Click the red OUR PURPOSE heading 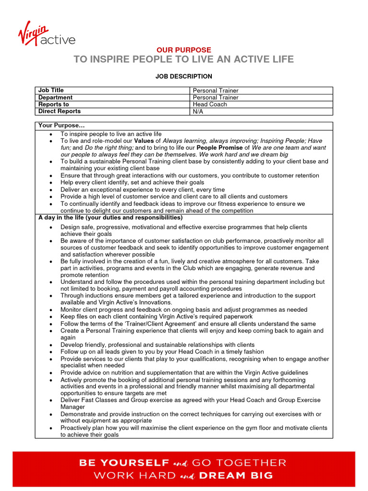pos(184,50)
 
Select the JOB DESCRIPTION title pos(184,76)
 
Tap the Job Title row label pos(51,90)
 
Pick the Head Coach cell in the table pos(210,104)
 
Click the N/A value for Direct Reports pos(198,111)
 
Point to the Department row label pos(55,97)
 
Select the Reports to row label pos(53,104)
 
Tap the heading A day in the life pos(110,217)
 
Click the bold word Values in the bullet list pos(144,141)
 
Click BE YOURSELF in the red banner pos(124,463)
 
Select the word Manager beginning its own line pos(72,407)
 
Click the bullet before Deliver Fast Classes pos(51,400)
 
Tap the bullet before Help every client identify pos(51,183)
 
